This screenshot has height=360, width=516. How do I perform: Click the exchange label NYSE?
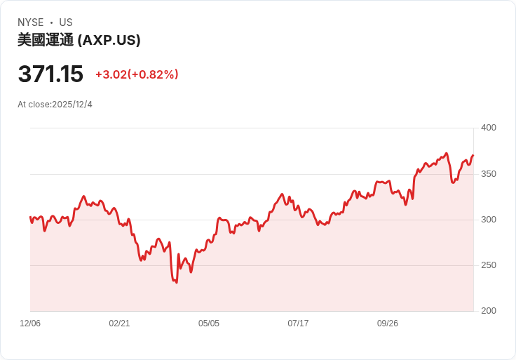[30, 22]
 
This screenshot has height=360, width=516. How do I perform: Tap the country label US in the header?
[66, 22]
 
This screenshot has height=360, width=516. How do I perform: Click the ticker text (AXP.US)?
[109, 40]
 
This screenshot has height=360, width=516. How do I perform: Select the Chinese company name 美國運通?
[46, 40]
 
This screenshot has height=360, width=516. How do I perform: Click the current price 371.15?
[50, 74]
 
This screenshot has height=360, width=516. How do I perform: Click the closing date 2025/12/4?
[72, 105]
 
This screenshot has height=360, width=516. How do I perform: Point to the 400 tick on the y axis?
[489, 128]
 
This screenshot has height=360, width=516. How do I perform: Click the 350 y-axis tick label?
[489, 174]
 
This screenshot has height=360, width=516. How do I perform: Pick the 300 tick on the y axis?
[489, 220]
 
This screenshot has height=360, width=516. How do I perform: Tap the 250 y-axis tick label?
[489, 265]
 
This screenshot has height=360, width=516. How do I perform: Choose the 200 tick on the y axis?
[489, 311]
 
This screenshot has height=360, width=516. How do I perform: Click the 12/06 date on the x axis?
[30, 324]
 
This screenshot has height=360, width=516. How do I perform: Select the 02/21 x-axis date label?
[119, 324]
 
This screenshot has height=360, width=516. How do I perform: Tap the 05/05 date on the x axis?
[209, 324]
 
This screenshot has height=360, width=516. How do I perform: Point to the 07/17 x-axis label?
[298, 324]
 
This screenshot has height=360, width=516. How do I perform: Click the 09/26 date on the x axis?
[388, 324]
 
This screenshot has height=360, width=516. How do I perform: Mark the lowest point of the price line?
[176, 282]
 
